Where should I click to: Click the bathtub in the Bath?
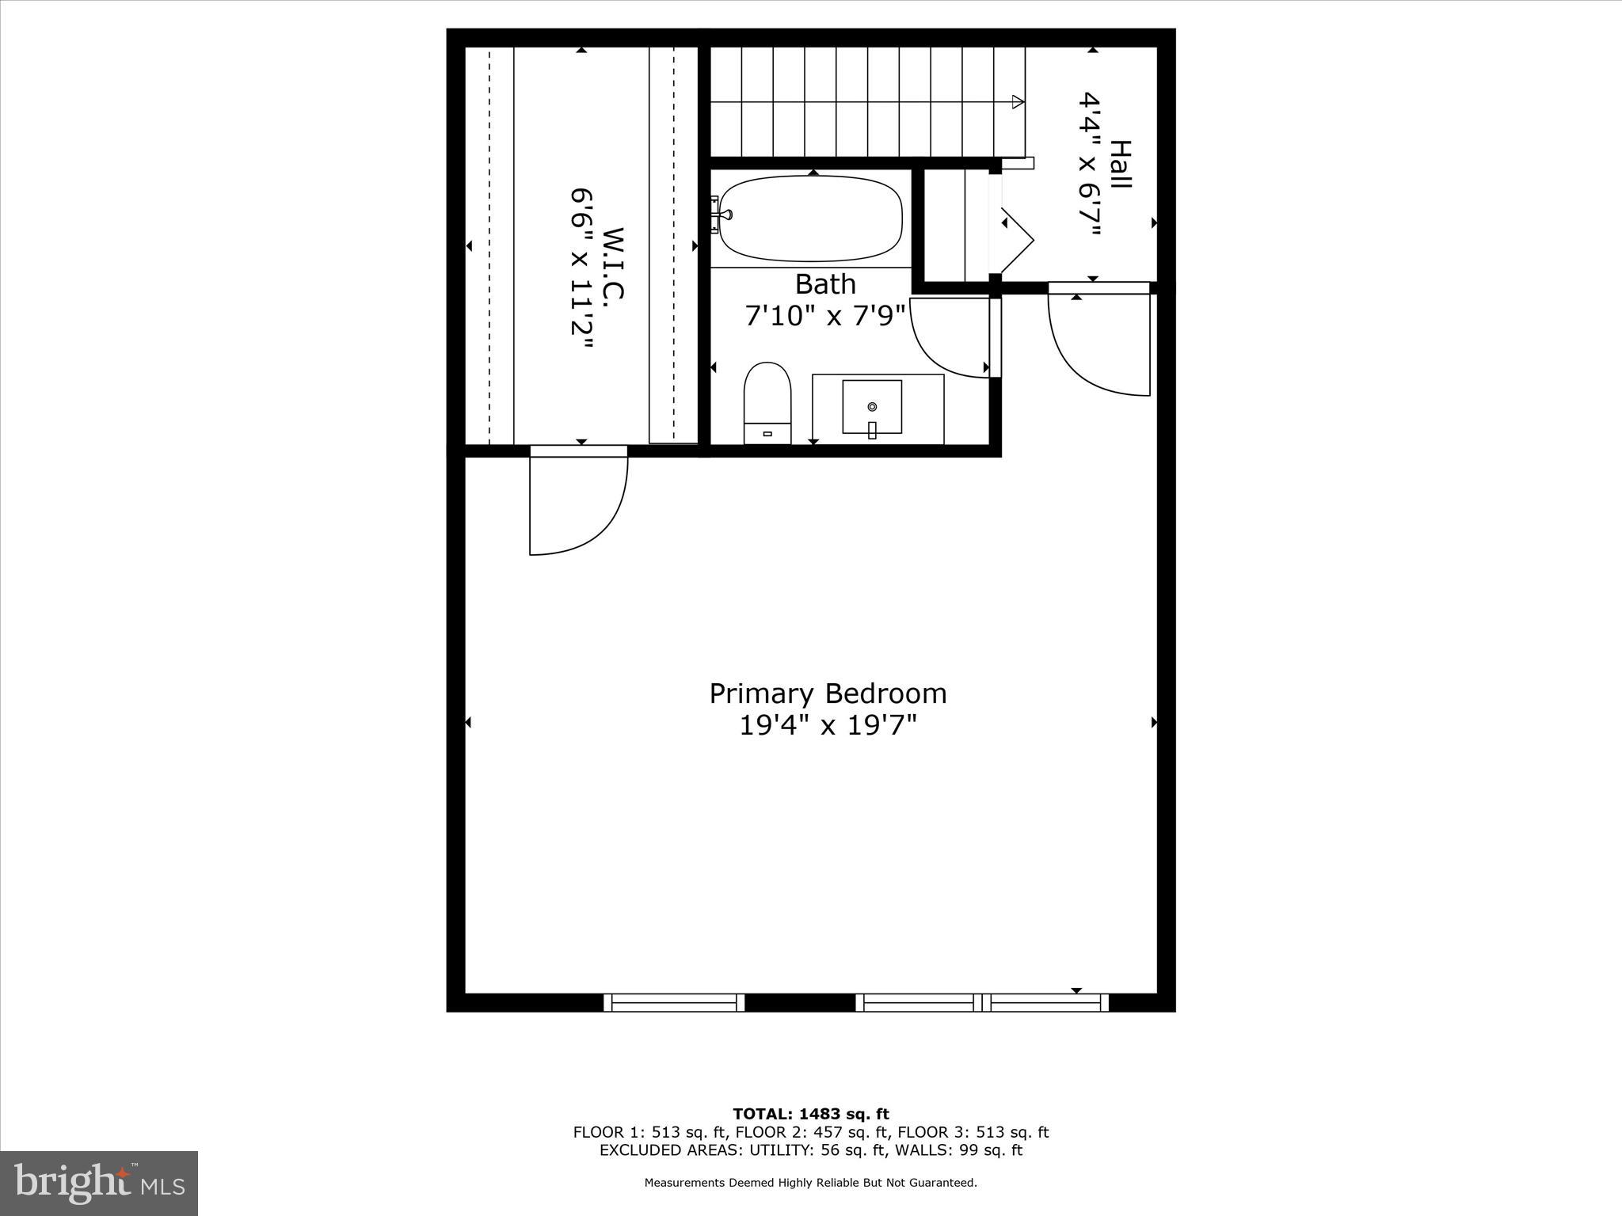[x=811, y=218]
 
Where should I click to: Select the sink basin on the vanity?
[x=871, y=406]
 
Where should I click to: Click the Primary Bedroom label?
[x=828, y=693]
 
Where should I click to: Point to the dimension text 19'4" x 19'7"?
[x=828, y=725]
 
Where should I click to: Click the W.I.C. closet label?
[x=614, y=264]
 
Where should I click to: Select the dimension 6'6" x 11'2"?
[x=582, y=272]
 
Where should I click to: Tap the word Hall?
[x=1120, y=164]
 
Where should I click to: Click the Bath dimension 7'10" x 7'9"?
[x=824, y=316]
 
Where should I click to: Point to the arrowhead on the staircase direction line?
[x=1018, y=101]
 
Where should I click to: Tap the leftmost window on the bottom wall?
[x=674, y=1003]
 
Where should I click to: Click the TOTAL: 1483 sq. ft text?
[x=810, y=1115]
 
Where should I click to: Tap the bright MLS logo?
[x=99, y=1183]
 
